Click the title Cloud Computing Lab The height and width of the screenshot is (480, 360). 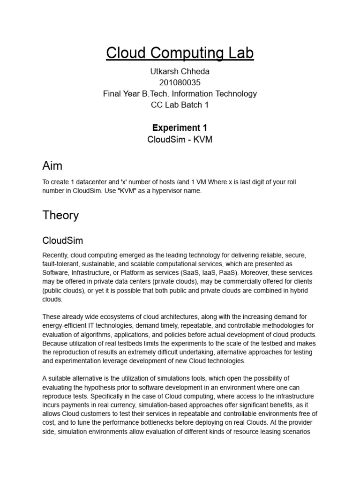click(x=180, y=53)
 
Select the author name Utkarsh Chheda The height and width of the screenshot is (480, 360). click(x=180, y=71)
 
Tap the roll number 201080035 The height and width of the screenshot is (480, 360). click(x=180, y=82)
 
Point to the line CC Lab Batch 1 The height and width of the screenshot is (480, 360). click(x=180, y=105)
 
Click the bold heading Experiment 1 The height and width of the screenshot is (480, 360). click(x=180, y=127)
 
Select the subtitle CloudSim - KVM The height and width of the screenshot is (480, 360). click(x=180, y=140)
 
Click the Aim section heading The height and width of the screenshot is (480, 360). click(x=52, y=165)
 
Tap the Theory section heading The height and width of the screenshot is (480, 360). click(x=60, y=215)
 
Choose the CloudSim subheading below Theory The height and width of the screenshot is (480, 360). click(x=62, y=241)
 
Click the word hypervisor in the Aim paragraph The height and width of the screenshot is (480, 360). click(x=157, y=191)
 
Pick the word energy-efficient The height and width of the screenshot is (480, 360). click(x=67, y=326)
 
